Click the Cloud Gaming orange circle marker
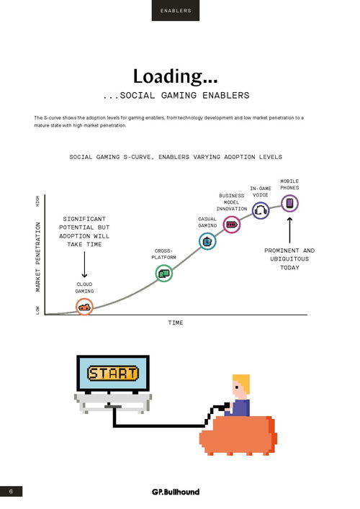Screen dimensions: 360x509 [84, 307]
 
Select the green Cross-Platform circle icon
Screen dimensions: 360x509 [164, 274]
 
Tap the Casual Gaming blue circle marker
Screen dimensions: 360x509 [207, 241]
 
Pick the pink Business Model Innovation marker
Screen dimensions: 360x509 [231, 225]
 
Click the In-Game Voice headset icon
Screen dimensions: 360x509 [261, 210]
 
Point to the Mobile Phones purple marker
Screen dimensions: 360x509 [289, 204]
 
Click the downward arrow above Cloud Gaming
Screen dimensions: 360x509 [84, 264]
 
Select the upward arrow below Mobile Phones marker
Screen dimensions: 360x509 [289, 230]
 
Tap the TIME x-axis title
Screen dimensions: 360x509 [176, 323]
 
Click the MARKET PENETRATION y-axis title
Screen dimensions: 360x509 [37, 256]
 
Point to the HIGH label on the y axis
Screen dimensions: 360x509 [37, 201]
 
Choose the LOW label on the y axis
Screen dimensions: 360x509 [37, 310]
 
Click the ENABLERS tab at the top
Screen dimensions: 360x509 [176, 10]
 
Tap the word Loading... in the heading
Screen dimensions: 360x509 [175, 76]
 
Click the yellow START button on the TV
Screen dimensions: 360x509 [112, 374]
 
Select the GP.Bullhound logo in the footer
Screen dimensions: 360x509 [176, 492]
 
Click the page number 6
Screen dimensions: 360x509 [11, 491]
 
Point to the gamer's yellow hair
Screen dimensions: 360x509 [242, 382]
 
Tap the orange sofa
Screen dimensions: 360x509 [238, 435]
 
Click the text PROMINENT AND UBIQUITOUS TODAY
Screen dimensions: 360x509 [289, 259]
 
